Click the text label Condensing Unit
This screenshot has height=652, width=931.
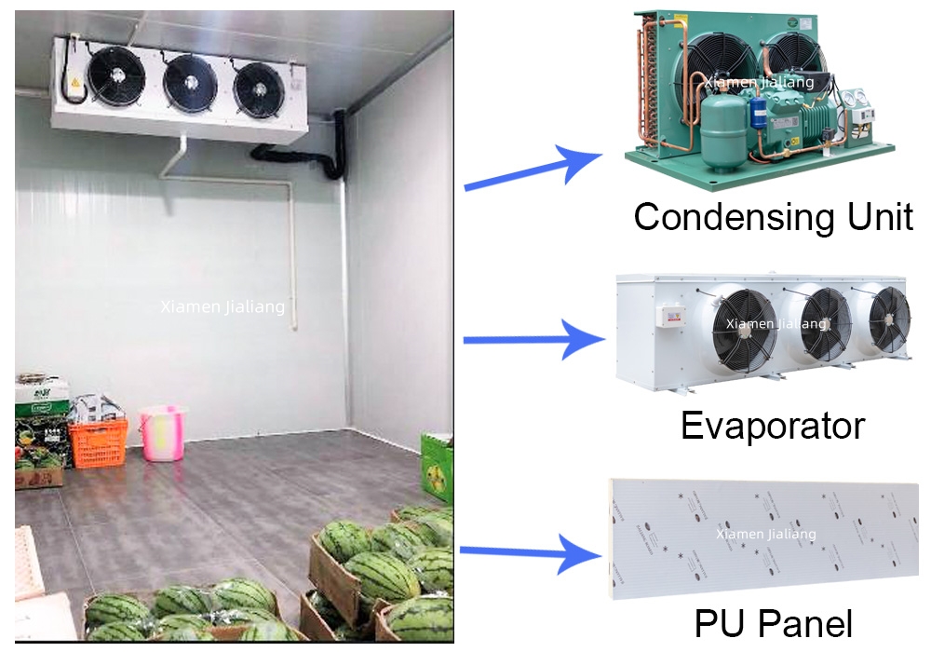pyautogui.click(x=773, y=216)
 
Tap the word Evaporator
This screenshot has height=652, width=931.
pyautogui.click(x=772, y=426)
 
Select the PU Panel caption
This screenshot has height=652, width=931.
pyautogui.click(x=773, y=624)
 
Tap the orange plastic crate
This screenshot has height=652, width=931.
pyautogui.click(x=98, y=441)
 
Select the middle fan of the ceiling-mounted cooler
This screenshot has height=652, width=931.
pyautogui.click(x=190, y=83)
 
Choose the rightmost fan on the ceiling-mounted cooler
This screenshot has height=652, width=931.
pyautogui.click(x=259, y=90)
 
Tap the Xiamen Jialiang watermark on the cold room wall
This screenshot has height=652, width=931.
pyautogui.click(x=223, y=306)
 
